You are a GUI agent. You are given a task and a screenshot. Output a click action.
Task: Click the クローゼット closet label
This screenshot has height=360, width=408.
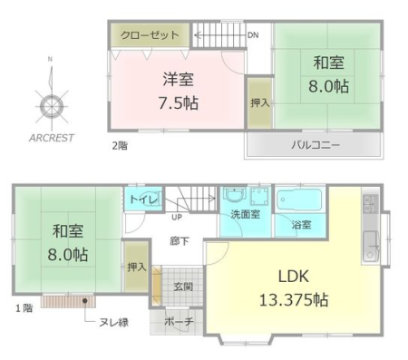pyautogui.click(x=150, y=35)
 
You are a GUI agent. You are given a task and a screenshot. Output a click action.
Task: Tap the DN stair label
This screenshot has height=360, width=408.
pyautogui.click(x=253, y=35)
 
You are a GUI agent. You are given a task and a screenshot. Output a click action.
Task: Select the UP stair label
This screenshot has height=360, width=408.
pyautogui.click(x=177, y=217)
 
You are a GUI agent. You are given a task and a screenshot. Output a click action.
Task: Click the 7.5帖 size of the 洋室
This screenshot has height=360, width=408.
pyautogui.click(x=179, y=103)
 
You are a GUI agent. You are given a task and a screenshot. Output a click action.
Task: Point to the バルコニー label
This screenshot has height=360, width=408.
pyautogui.click(x=316, y=145)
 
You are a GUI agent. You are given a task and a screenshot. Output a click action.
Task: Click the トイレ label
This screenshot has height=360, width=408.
pyautogui.click(x=144, y=199)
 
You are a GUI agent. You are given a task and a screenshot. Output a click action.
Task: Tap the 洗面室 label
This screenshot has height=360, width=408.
pyautogui.click(x=245, y=214)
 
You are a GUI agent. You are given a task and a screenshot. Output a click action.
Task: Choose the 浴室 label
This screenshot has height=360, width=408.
pyautogui.click(x=302, y=225)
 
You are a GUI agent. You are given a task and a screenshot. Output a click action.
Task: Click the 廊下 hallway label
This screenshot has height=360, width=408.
pyautogui.click(x=180, y=241)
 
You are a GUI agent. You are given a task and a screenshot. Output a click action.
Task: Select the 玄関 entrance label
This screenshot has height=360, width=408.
pyautogui.click(x=183, y=287)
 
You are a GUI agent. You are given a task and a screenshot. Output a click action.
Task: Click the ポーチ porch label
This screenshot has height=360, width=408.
pyautogui.click(x=179, y=322)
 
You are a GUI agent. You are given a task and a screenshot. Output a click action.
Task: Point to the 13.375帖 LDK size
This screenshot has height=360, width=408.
pyautogui.click(x=294, y=300)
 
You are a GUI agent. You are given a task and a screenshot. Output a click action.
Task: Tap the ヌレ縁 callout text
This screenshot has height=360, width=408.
pyautogui.click(x=114, y=323)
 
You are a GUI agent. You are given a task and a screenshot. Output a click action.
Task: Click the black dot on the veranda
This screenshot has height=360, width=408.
pyautogui.click(x=85, y=301)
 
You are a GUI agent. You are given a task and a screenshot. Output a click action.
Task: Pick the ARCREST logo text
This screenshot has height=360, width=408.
pyautogui.click(x=52, y=138)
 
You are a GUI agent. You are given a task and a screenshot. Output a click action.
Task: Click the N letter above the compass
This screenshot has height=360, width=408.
pyautogui.click(x=50, y=60)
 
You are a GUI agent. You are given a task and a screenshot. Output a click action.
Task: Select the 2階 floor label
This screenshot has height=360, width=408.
pyautogui.click(x=120, y=146)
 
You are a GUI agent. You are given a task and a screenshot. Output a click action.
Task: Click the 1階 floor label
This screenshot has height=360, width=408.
pyautogui.click(x=24, y=308)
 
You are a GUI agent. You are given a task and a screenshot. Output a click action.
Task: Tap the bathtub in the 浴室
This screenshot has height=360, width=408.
pyautogui.click(x=299, y=199)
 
